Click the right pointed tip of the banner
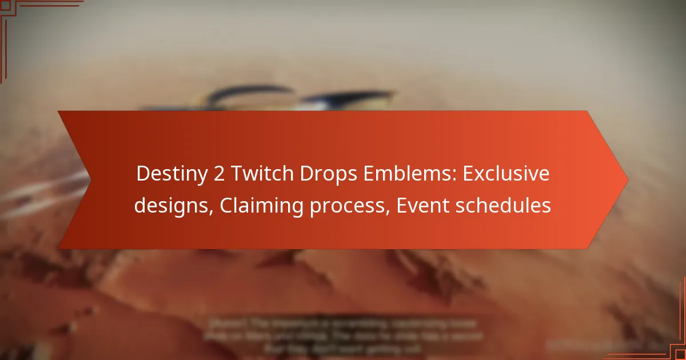(627, 180)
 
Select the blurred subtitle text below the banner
(343, 334)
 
